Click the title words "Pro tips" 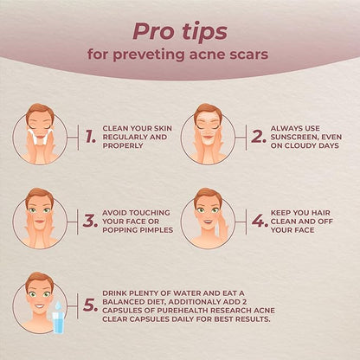click(180, 32)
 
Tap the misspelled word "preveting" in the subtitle click(148, 55)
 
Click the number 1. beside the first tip click(91, 137)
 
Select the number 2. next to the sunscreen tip click(259, 137)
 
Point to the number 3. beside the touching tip click(90, 222)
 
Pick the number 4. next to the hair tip click(260, 222)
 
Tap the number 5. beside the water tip click(90, 305)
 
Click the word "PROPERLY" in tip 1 click(123, 145)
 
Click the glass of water click(58, 323)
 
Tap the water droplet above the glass click(59, 305)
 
